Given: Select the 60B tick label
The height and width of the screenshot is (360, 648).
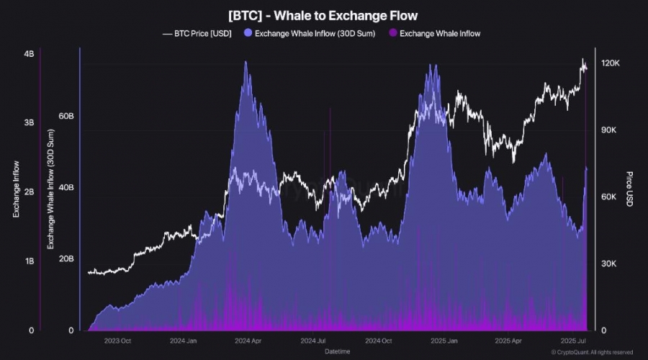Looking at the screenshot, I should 66,116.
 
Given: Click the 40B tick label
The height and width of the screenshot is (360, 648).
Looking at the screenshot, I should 66,188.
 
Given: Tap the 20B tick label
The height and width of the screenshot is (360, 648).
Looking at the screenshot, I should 66,259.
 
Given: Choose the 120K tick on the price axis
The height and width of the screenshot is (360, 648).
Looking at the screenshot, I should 611,64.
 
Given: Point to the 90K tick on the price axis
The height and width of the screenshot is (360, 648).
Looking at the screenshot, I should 609,130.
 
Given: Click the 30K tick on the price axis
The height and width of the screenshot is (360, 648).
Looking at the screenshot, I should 609,264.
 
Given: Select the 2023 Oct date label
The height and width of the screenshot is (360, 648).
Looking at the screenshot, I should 117,341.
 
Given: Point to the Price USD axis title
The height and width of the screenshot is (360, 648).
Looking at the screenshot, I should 629,189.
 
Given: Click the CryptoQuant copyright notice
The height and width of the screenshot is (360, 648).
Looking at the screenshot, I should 592,352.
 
